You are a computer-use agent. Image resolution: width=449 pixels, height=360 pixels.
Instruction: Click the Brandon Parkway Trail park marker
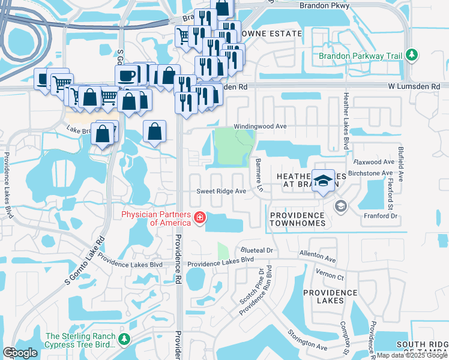411,56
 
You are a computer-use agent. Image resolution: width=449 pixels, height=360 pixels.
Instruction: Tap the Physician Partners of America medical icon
198,218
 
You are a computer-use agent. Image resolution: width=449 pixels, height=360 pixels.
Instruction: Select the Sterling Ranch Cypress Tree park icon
124,340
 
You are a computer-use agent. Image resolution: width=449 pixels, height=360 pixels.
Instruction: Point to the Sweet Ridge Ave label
222,191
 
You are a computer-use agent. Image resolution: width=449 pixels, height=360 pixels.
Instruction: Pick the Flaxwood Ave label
373,162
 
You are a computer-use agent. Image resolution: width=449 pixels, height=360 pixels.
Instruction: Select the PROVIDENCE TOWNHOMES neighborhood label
298,219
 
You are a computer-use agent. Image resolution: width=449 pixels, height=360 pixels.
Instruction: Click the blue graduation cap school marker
324,181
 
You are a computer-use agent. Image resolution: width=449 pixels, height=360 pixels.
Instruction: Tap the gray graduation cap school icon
340,207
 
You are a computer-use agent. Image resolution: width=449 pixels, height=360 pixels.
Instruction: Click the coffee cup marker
127,76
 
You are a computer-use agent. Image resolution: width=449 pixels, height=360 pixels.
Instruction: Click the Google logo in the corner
20,353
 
